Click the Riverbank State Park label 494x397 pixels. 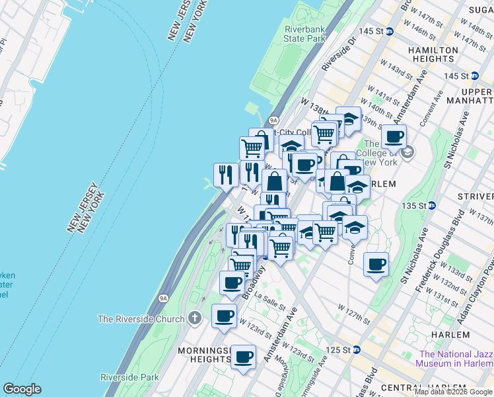point(304,34)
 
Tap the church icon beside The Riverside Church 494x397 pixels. point(194,318)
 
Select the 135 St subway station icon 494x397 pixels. point(432,205)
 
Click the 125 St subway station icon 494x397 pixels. point(357,349)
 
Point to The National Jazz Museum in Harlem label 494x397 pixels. point(454,358)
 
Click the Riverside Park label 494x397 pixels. point(129,377)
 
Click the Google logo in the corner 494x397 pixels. point(22,389)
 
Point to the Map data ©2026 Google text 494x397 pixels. point(452,392)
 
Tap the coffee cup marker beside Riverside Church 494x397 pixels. point(224,315)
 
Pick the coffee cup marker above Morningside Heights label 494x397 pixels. point(244,357)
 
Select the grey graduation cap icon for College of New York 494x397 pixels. point(408,153)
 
